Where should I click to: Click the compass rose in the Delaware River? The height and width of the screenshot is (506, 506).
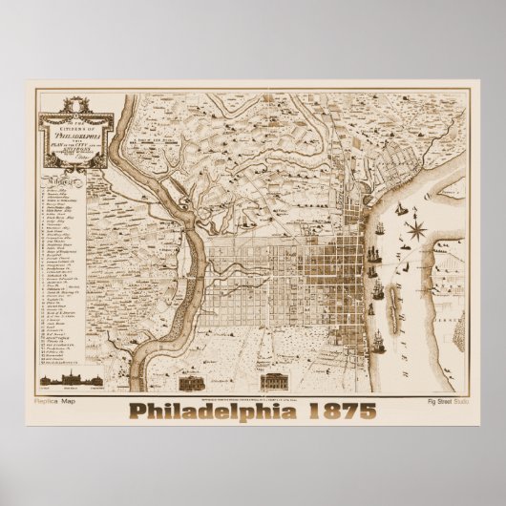click(416, 228)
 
